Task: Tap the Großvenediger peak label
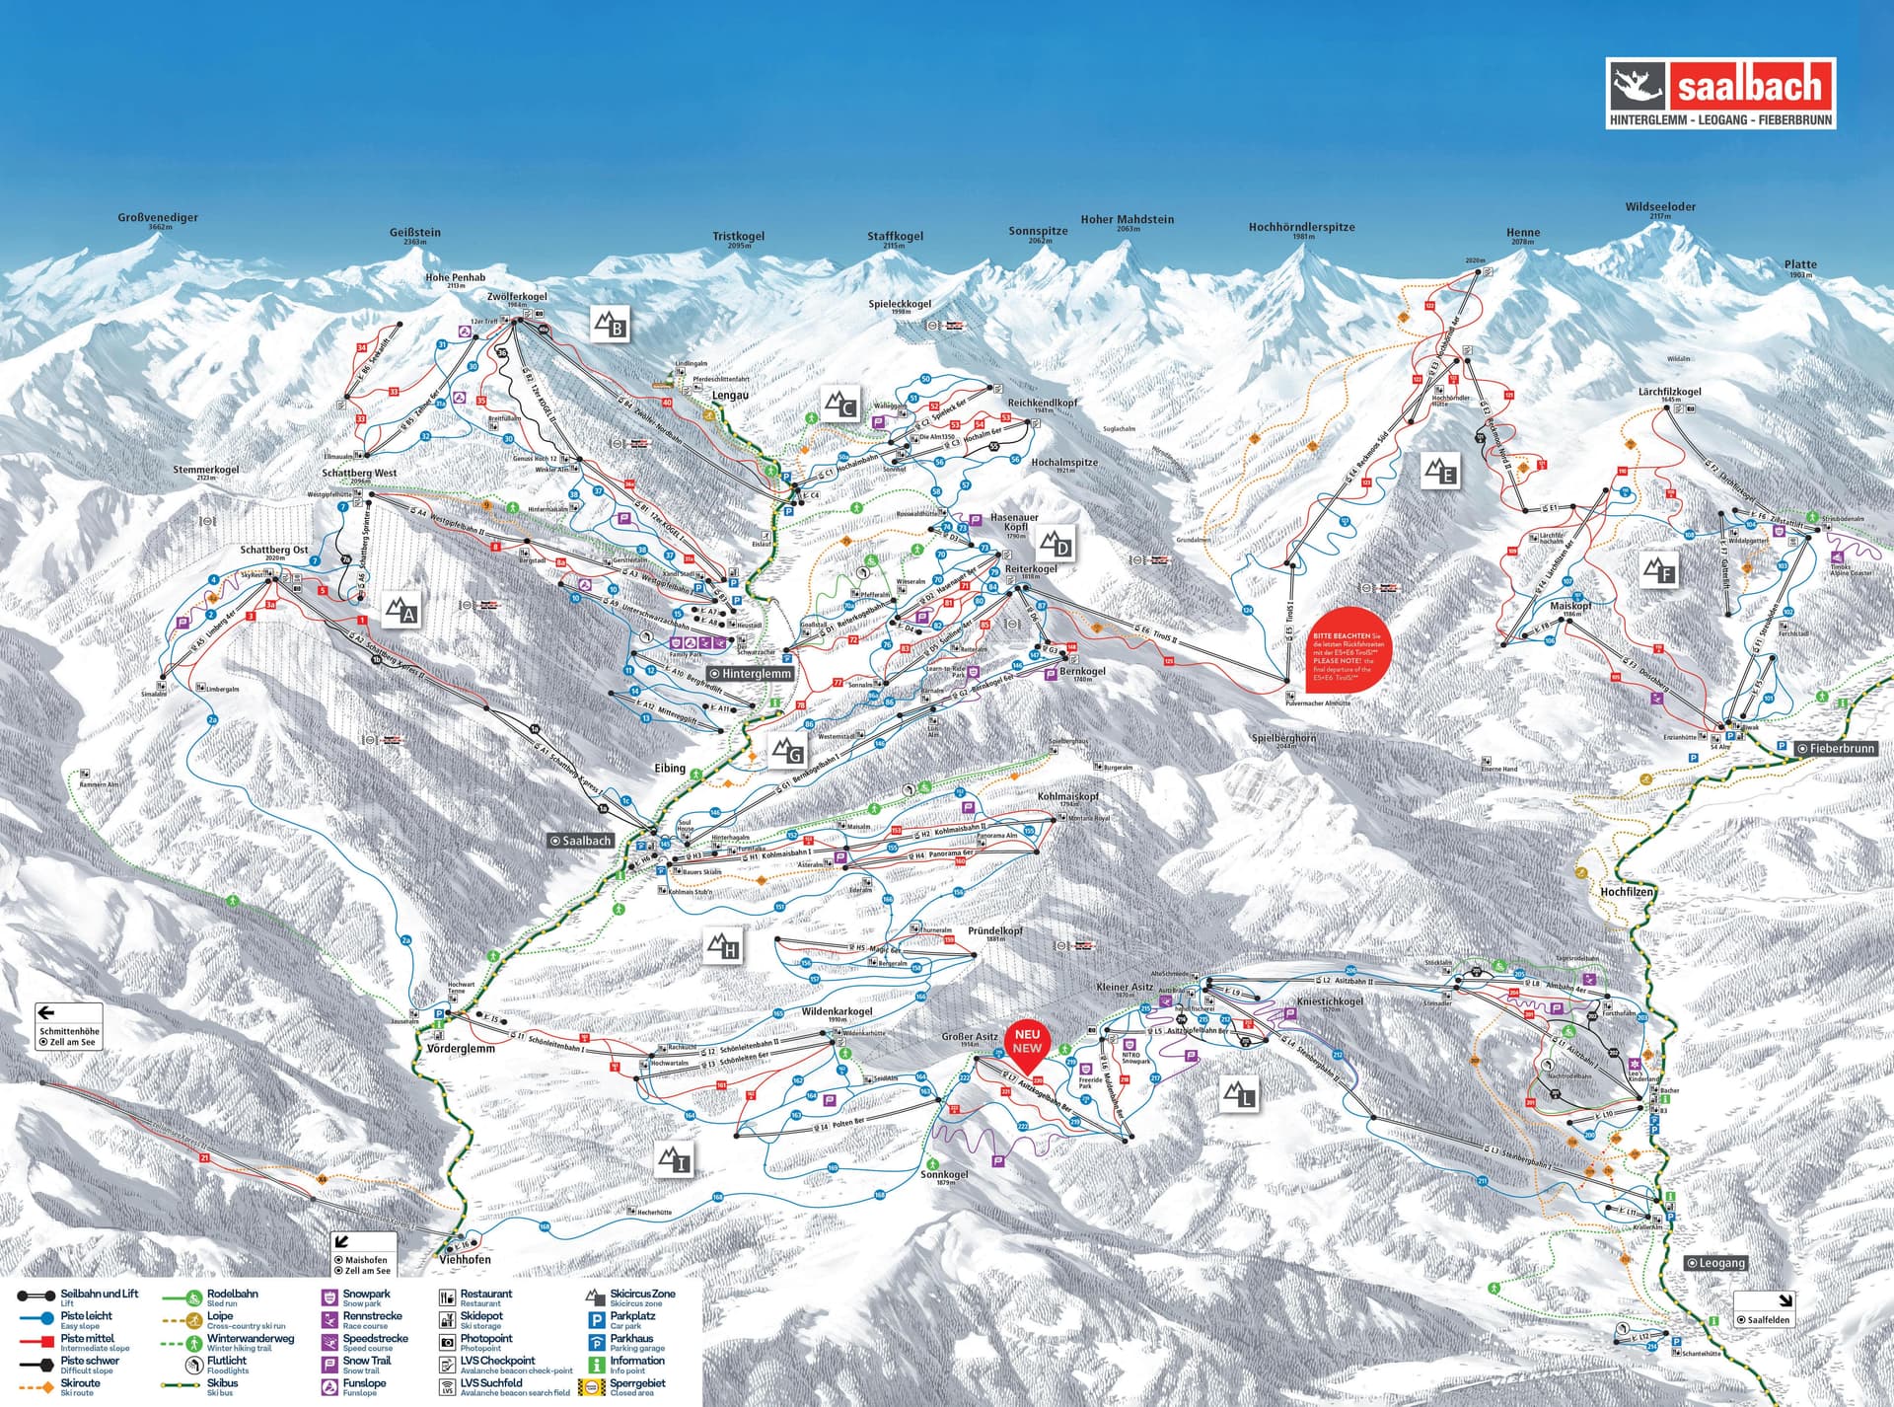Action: coord(158,218)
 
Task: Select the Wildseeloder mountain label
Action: coord(1661,207)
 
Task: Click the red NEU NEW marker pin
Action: coord(1026,1044)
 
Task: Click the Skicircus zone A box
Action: coord(401,611)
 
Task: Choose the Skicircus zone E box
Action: coord(1440,472)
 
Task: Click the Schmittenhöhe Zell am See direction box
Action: coord(69,1027)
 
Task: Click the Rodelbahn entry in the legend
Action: coord(232,1294)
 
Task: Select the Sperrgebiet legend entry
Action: coord(636,1383)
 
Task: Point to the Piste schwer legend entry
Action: coord(89,1361)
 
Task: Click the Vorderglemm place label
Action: coord(461,1049)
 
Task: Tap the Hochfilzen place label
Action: coord(1626,892)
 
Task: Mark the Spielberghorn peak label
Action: coord(1282,738)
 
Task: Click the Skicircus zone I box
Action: coord(675,1160)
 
